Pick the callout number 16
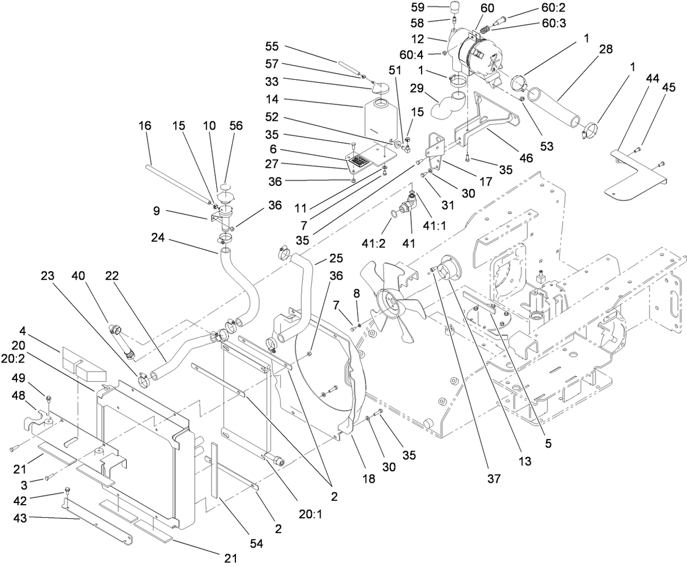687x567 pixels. (145, 125)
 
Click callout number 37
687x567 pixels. (495, 479)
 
